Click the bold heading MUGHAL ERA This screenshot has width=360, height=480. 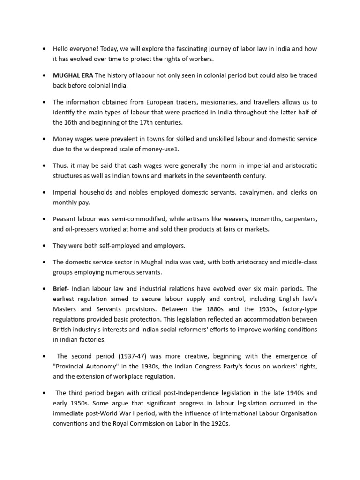73,75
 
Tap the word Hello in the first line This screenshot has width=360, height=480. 60,48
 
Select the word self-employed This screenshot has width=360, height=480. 116,246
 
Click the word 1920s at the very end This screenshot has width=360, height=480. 219,424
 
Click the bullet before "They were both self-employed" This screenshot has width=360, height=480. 43,246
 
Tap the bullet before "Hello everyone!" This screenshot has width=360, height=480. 43,48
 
